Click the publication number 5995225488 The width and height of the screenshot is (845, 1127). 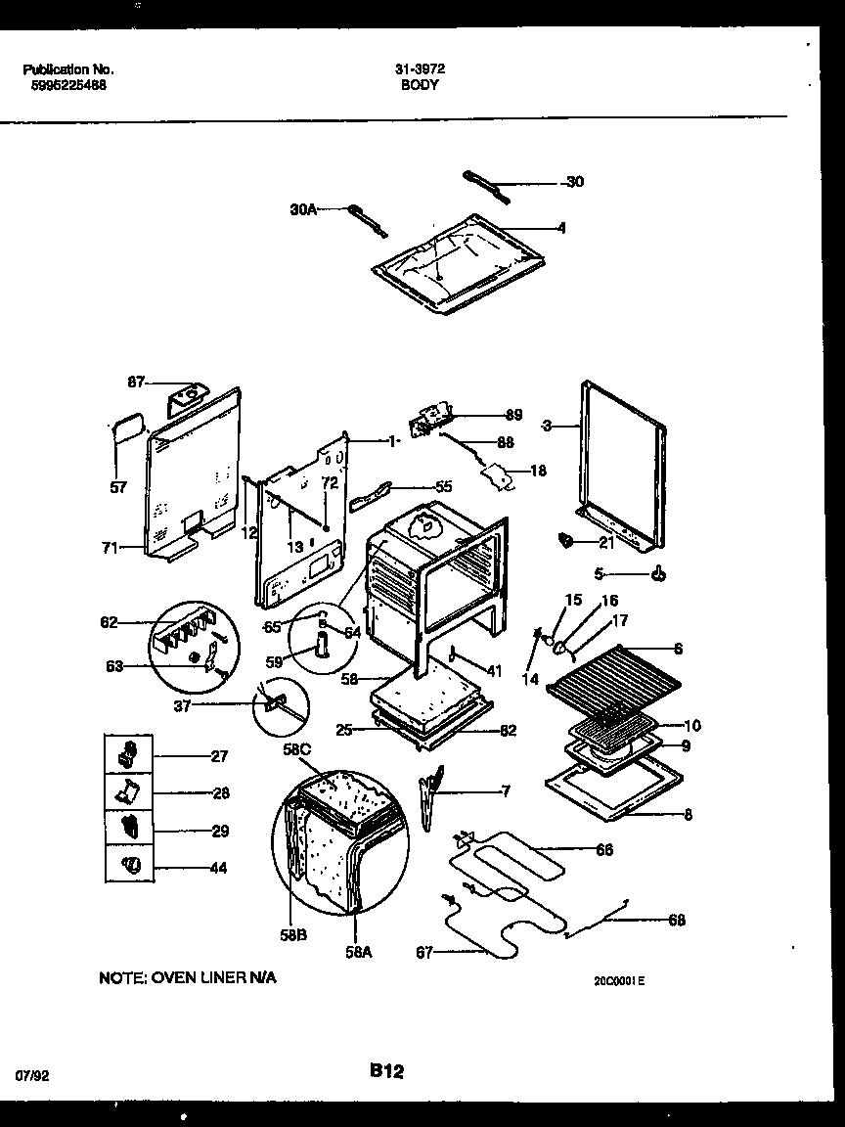[x=65, y=85]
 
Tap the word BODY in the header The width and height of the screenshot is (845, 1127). [x=421, y=85]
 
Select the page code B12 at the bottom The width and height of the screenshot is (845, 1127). [x=387, y=1072]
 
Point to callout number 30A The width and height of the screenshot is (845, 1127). [x=303, y=208]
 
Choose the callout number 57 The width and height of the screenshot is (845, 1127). [x=118, y=486]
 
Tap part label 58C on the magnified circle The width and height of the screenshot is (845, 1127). [x=297, y=750]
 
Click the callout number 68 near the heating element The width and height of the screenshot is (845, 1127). [x=676, y=920]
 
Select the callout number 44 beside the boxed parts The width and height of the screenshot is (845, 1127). [x=218, y=868]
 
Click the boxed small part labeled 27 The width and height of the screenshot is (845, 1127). [x=128, y=754]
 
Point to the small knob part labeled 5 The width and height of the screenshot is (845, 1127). [x=658, y=574]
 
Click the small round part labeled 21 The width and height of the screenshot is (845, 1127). [x=564, y=539]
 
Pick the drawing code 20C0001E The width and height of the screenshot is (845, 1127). [x=618, y=980]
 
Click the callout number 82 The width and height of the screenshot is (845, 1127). [x=508, y=730]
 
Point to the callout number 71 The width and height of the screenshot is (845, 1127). [x=109, y=548]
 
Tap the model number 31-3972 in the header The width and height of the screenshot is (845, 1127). [x=421, y=69]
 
